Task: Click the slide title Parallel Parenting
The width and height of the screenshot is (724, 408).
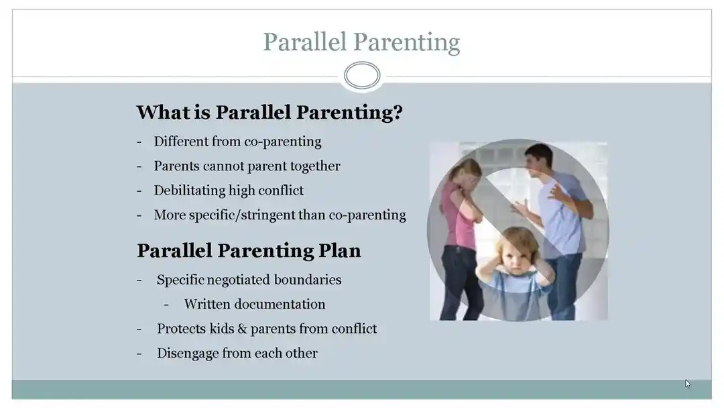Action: (361, 42)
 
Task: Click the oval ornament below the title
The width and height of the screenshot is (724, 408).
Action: (362, 75)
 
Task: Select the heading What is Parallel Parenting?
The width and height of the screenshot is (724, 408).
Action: (269, 112)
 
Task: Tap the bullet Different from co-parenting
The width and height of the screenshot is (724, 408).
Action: (237, 142)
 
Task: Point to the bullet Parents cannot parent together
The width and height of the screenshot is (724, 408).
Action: (247, 166)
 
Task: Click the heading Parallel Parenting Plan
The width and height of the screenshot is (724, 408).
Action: (249, 250)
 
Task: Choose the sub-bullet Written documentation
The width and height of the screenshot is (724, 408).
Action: (254, 304)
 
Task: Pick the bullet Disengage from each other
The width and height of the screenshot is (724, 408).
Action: (237, 353)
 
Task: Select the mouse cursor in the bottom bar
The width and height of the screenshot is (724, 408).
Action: (688, 384)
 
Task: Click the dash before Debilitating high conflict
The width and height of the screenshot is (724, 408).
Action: (139, 191)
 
